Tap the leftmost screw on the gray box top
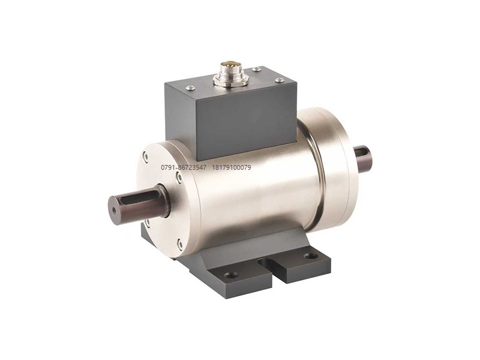(x=190, y=88)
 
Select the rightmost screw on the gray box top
(x=280, y=80)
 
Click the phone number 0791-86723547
(x=184, y=167)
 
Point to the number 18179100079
(x=232, y=167)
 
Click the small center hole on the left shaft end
(x=114, y=211)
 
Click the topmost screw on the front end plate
(x=146, y=157)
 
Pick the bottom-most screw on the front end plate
(x=179, y=244)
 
